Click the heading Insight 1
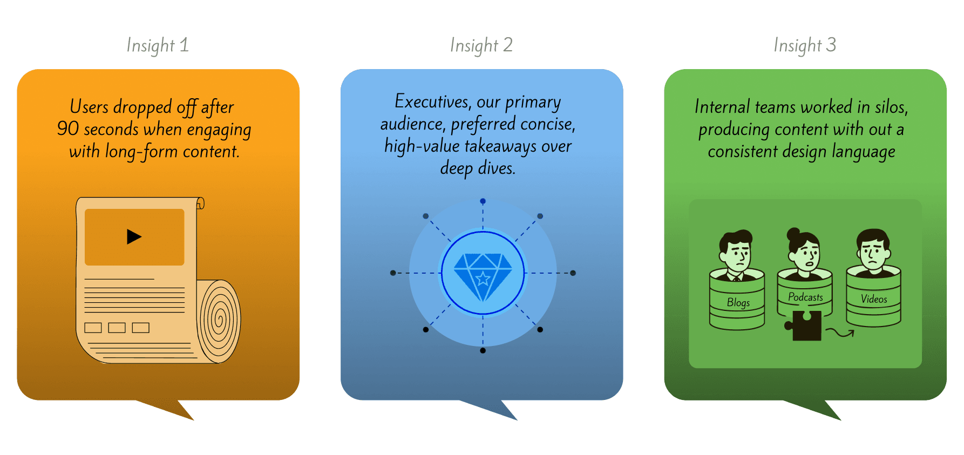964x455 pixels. coord(158,45)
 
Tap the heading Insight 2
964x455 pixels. coord(481,45)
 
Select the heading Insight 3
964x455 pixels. coord(805,45)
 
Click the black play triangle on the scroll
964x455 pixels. coord(134,236)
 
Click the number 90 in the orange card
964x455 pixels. coord(68,129)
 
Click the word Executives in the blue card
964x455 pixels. coord(432,101)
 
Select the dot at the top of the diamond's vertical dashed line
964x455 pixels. coord(483,201)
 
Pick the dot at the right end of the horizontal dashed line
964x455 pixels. coord(573,273)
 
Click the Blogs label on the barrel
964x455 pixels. coord(738,303)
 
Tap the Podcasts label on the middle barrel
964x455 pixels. coord(805,297)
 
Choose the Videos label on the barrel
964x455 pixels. coord(874,299)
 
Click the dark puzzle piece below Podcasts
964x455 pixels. coord(805,325)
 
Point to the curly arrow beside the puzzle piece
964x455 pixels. coord(841,333)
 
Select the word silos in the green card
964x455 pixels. coord(891,107)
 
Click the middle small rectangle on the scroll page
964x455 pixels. coord(117,328)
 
